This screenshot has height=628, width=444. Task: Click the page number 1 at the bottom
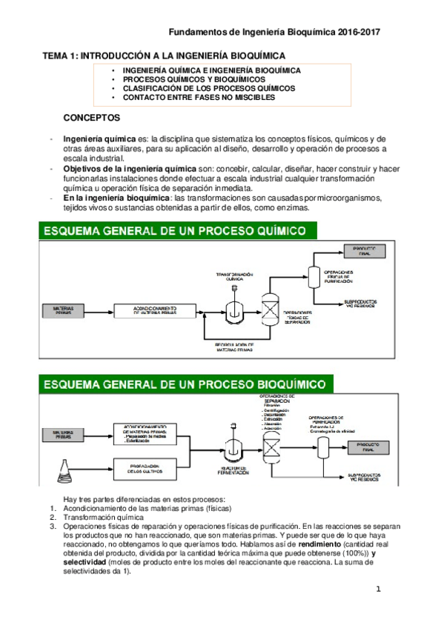point(378,589)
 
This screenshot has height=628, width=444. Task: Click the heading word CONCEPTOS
point(92,118)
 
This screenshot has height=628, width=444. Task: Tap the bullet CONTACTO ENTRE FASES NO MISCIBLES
point(188,97)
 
